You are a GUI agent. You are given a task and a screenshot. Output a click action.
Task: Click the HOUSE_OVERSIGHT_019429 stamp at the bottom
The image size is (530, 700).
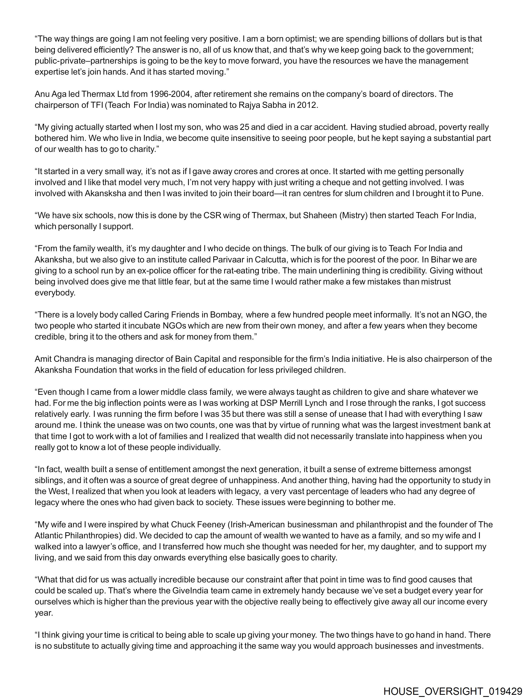click(x=453, y=690)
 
